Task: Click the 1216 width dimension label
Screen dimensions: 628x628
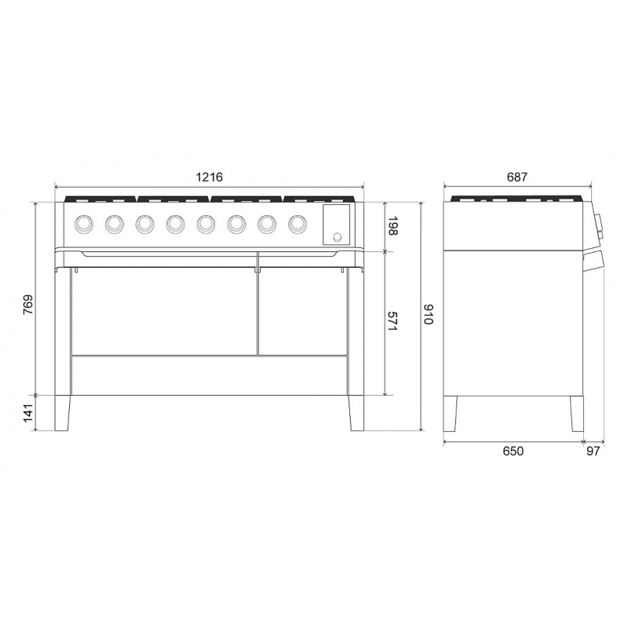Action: [209, 177]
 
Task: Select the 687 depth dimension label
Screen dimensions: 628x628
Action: [517, 177]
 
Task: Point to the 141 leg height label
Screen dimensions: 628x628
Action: [28, 413]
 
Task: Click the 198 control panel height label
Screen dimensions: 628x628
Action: [392, 226]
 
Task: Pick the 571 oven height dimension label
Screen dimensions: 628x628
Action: [392, 321]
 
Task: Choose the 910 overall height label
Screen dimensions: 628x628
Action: [428, 314]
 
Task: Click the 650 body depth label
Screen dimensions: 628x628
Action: [513, 451]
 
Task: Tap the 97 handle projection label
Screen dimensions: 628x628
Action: [593, 451]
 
